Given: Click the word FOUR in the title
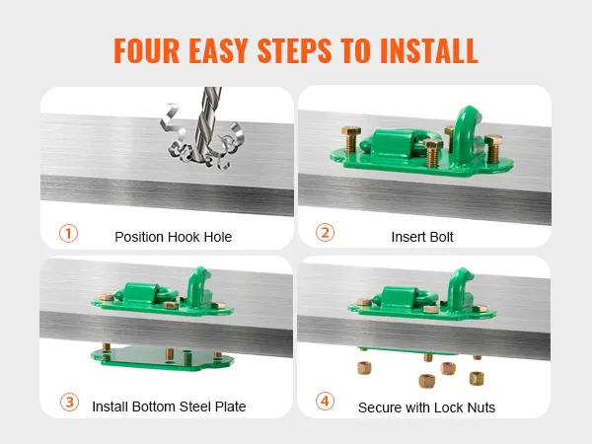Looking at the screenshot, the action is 147,50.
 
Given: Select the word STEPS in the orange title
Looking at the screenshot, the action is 294,50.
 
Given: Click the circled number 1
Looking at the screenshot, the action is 68,233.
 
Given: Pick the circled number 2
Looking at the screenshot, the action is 325,233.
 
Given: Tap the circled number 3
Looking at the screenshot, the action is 69,403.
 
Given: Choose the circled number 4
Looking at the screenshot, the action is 325,402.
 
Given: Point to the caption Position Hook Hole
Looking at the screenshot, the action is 174,237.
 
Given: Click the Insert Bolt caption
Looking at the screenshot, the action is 422,237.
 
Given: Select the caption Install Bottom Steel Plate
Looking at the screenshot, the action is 169,407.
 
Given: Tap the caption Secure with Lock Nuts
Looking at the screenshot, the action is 426,407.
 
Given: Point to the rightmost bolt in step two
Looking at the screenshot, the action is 493,149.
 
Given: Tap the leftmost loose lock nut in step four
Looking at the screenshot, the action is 364,367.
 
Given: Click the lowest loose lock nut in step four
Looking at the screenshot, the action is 426,381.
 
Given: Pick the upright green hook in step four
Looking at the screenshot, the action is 459,289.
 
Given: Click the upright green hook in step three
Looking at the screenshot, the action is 198,287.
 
